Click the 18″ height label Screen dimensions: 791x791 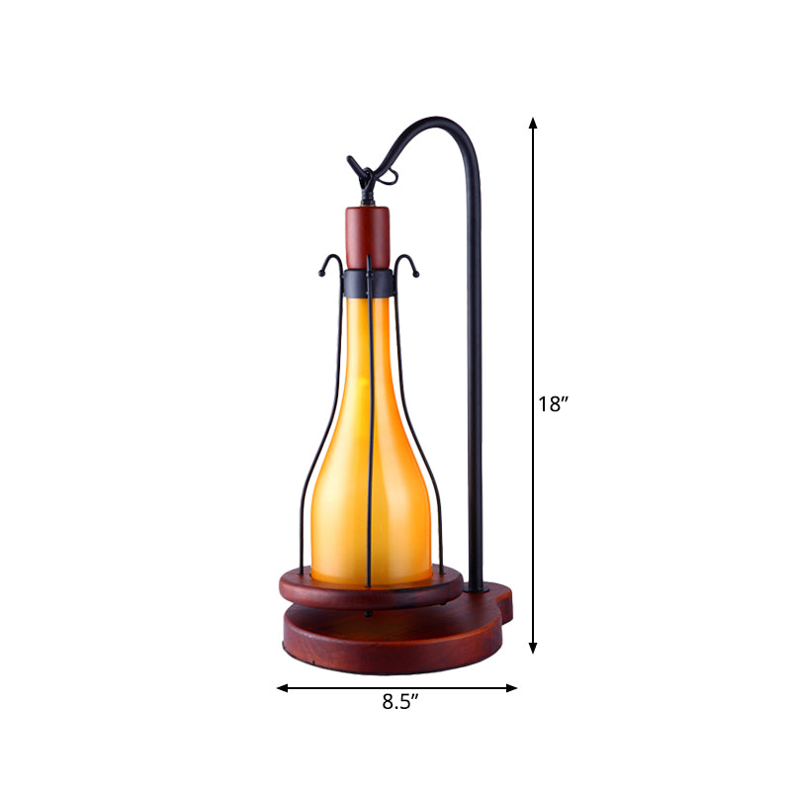[x=553, y=403]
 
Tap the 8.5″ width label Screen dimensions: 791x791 [x=401, y=704]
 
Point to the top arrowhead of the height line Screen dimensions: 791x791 [x=533, y=124]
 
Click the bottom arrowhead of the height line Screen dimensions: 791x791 [x=533, y=647]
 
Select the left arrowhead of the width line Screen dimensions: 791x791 [x=282, y=687]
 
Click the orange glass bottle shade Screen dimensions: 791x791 [x=371, y=465]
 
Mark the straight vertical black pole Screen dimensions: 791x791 [x=475, y=395]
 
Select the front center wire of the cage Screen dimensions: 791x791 [x=368, y=445]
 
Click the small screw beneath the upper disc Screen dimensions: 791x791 [x=368, y=613]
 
